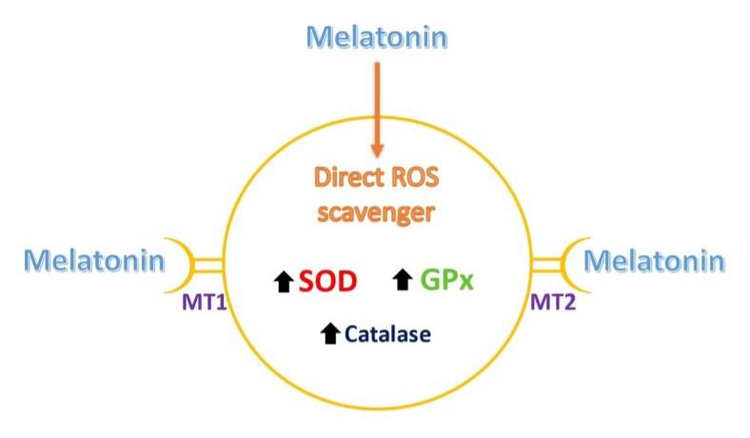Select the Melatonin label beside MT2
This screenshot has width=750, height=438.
click(654, 259)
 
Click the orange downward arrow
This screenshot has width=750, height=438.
click(378, 105)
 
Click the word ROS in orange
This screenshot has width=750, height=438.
click(420, 178)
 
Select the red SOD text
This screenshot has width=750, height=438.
click(326, 281)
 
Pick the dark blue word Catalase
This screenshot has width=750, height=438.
click(387, 334)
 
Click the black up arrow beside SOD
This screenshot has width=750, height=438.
click(283, 282)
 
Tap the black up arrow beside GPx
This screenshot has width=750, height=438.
click(403, 282)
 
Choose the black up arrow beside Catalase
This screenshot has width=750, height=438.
click(330, 334)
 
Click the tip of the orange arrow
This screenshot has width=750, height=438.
click(378, 152)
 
